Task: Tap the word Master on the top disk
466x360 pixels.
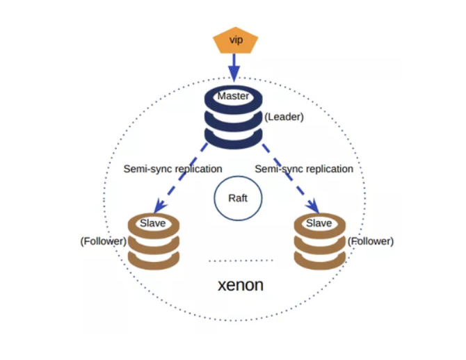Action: (233, 97)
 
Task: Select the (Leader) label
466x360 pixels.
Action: (284, 117)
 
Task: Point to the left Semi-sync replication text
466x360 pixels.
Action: (172, 169)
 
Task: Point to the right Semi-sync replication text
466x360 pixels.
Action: (304, 169)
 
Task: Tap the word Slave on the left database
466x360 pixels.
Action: (153, 223)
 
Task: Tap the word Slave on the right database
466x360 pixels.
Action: (319, 223)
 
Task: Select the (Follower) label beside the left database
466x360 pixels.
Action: (104, 241)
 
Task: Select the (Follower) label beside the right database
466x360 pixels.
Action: (370, 241)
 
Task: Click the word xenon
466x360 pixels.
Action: (241, 285)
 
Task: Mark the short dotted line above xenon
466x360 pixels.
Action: (241, 261)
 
